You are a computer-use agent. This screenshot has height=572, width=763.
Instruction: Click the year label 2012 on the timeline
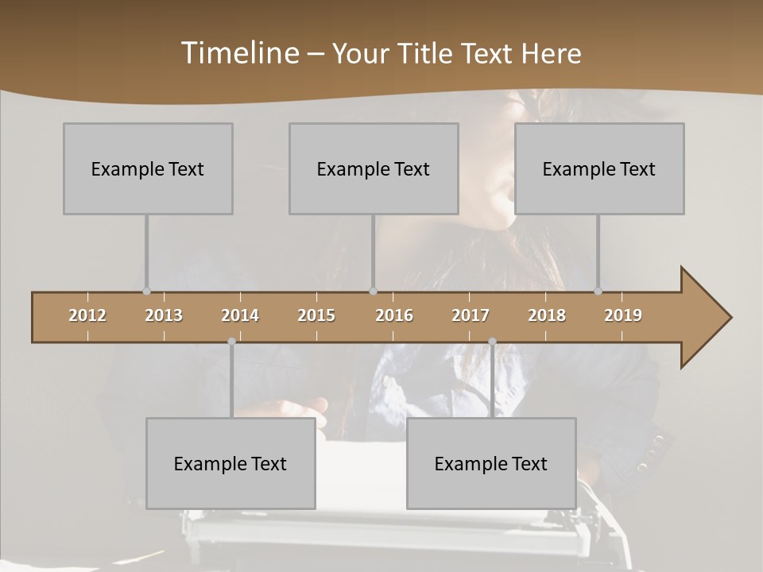click(87, 315)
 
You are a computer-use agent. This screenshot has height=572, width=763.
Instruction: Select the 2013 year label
click(164, 315)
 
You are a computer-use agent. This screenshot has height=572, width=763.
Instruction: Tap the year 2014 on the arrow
click(240, 315)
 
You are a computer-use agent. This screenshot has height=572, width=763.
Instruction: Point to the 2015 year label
click(316, 315)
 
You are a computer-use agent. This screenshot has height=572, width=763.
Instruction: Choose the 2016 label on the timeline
click(394, 315)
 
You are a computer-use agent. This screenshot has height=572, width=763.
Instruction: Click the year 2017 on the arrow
click(471, 315)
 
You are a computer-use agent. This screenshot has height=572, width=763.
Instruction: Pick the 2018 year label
click(547, 315)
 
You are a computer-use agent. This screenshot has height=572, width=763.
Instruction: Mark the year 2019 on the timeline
click(623, 315)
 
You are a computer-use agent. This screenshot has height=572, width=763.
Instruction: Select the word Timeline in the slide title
click(239, 53)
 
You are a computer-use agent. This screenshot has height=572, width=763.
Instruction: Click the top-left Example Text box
click(148, 168)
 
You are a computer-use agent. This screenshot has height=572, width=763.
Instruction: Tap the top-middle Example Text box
click(374, 168)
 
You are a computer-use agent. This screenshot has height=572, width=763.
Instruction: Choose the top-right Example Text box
click(599, 168)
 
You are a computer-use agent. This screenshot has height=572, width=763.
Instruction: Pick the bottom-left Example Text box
click(230, 463)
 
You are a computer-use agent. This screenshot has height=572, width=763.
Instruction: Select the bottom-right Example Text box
click(491, 463)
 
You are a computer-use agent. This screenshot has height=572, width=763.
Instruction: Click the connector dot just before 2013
click(146, 291)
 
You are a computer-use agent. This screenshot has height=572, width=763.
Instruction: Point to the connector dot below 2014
click(231, 342)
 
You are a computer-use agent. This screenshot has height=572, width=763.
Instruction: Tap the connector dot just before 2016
click(374, 291)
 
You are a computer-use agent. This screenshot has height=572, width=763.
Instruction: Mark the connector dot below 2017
click(492, 342)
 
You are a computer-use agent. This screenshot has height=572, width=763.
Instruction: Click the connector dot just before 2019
click(598, 291)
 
